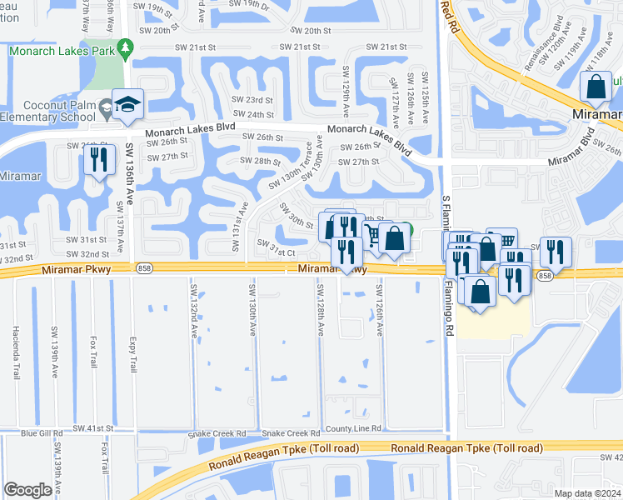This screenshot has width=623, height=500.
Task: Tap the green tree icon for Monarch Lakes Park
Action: click(x=125, y=49)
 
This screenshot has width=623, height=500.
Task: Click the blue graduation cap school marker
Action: click(x=128, y=104)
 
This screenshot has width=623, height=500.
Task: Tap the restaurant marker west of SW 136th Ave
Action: click(x=99, y=160)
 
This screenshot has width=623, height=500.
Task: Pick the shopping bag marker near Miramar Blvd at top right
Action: click(x=596, y=87)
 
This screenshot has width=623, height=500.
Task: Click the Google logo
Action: click(x=27, y=490)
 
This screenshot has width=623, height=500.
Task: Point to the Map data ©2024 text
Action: click(x=588, y=493)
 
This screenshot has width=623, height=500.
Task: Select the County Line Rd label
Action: click(x=353, y=428)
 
